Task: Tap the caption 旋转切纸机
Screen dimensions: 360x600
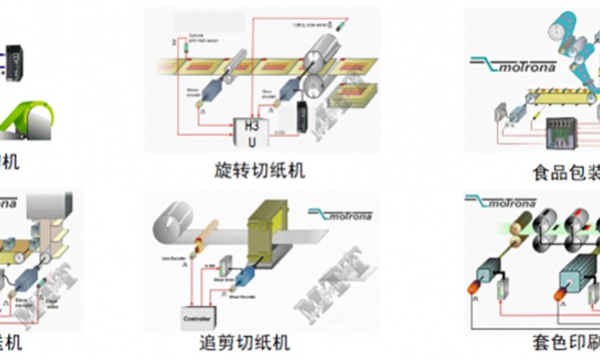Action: coord(261,170)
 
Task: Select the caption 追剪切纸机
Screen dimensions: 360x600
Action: coord(244,343)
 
